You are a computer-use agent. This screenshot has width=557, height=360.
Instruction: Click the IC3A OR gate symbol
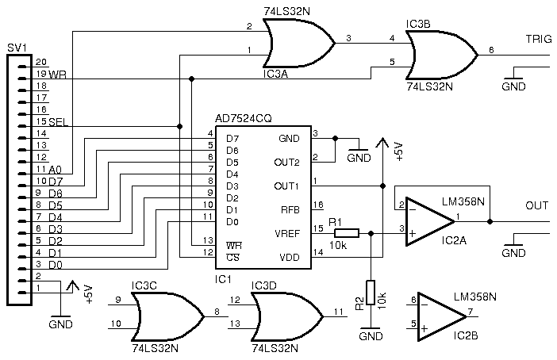[298, 44]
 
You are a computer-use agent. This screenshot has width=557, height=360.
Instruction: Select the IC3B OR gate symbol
[441, 55]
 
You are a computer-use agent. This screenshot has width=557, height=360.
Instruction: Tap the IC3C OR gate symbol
[167, 316]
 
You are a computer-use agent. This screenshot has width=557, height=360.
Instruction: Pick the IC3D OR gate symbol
[287, 316]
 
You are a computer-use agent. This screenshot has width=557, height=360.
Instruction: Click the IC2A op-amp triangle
[430, 221]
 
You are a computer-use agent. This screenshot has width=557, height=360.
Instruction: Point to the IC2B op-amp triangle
[441, 316]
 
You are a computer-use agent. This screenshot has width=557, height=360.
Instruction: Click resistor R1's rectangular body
[347, 233]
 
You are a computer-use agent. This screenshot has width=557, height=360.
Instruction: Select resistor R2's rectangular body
[371, 292]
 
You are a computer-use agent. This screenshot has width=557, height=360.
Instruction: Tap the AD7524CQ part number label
[244, 119]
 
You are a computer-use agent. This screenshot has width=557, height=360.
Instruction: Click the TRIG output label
[539, 39]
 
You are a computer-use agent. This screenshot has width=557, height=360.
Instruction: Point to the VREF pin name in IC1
[287, 234]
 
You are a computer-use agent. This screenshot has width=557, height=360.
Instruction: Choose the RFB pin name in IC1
[290, 210]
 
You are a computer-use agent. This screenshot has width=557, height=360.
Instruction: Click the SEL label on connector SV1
[58, 122]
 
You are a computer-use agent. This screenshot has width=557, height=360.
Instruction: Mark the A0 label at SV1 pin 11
[56, 170]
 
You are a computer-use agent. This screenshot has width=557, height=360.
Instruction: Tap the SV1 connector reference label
[17, 48]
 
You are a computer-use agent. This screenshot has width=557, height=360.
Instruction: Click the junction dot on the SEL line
[179, 126]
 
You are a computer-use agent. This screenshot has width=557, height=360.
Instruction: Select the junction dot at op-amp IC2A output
[490, 221]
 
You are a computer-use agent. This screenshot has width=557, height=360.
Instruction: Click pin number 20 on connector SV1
[40, 62]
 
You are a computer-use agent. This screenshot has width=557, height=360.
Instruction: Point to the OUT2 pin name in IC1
[286, 163]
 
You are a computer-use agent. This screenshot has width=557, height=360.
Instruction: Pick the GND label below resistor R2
[371, 336]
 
